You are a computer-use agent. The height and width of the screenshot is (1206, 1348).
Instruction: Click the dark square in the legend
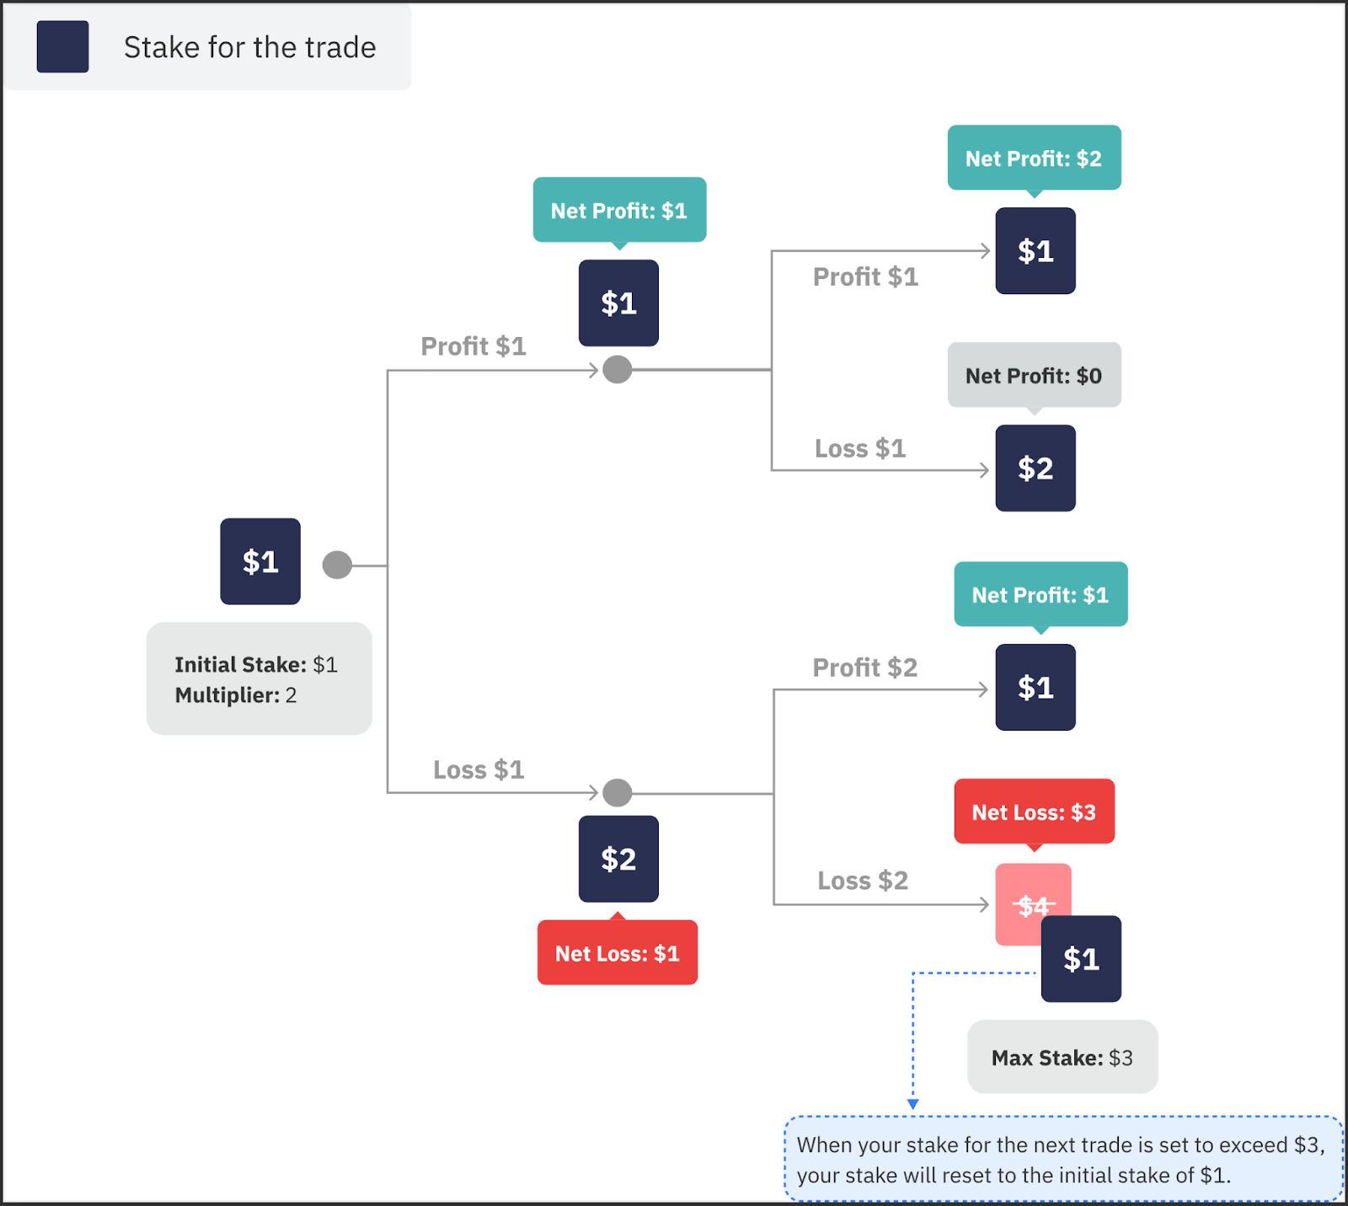(62, 46)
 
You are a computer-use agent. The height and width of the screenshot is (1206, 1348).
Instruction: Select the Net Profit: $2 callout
(1034, 158)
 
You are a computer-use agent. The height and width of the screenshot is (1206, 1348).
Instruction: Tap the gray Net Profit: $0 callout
(1034, 375)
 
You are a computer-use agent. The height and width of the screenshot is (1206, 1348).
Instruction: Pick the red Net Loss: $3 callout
(1034, 812)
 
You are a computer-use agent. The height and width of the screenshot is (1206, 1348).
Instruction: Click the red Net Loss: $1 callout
(617, 953)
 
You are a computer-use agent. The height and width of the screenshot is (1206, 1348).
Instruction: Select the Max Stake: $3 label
(1062, 1058)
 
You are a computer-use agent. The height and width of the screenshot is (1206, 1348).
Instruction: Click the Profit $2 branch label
(864, 667)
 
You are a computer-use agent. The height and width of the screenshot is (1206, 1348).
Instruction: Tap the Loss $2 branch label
(863, 881)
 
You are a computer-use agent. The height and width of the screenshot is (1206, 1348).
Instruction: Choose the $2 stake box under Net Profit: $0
(1035, 468)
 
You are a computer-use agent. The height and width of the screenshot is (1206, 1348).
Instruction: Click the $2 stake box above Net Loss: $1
(618, 859)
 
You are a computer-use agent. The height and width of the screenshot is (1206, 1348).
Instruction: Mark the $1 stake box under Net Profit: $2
(1035, 250)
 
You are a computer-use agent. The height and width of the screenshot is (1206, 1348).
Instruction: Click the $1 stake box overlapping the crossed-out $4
(1081, 959)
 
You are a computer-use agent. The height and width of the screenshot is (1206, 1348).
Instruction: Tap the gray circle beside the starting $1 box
(337, 565)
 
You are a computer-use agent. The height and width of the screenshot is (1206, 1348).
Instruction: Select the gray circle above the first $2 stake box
(618, 792)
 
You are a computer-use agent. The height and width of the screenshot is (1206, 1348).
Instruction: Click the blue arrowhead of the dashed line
(912, 1104)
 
